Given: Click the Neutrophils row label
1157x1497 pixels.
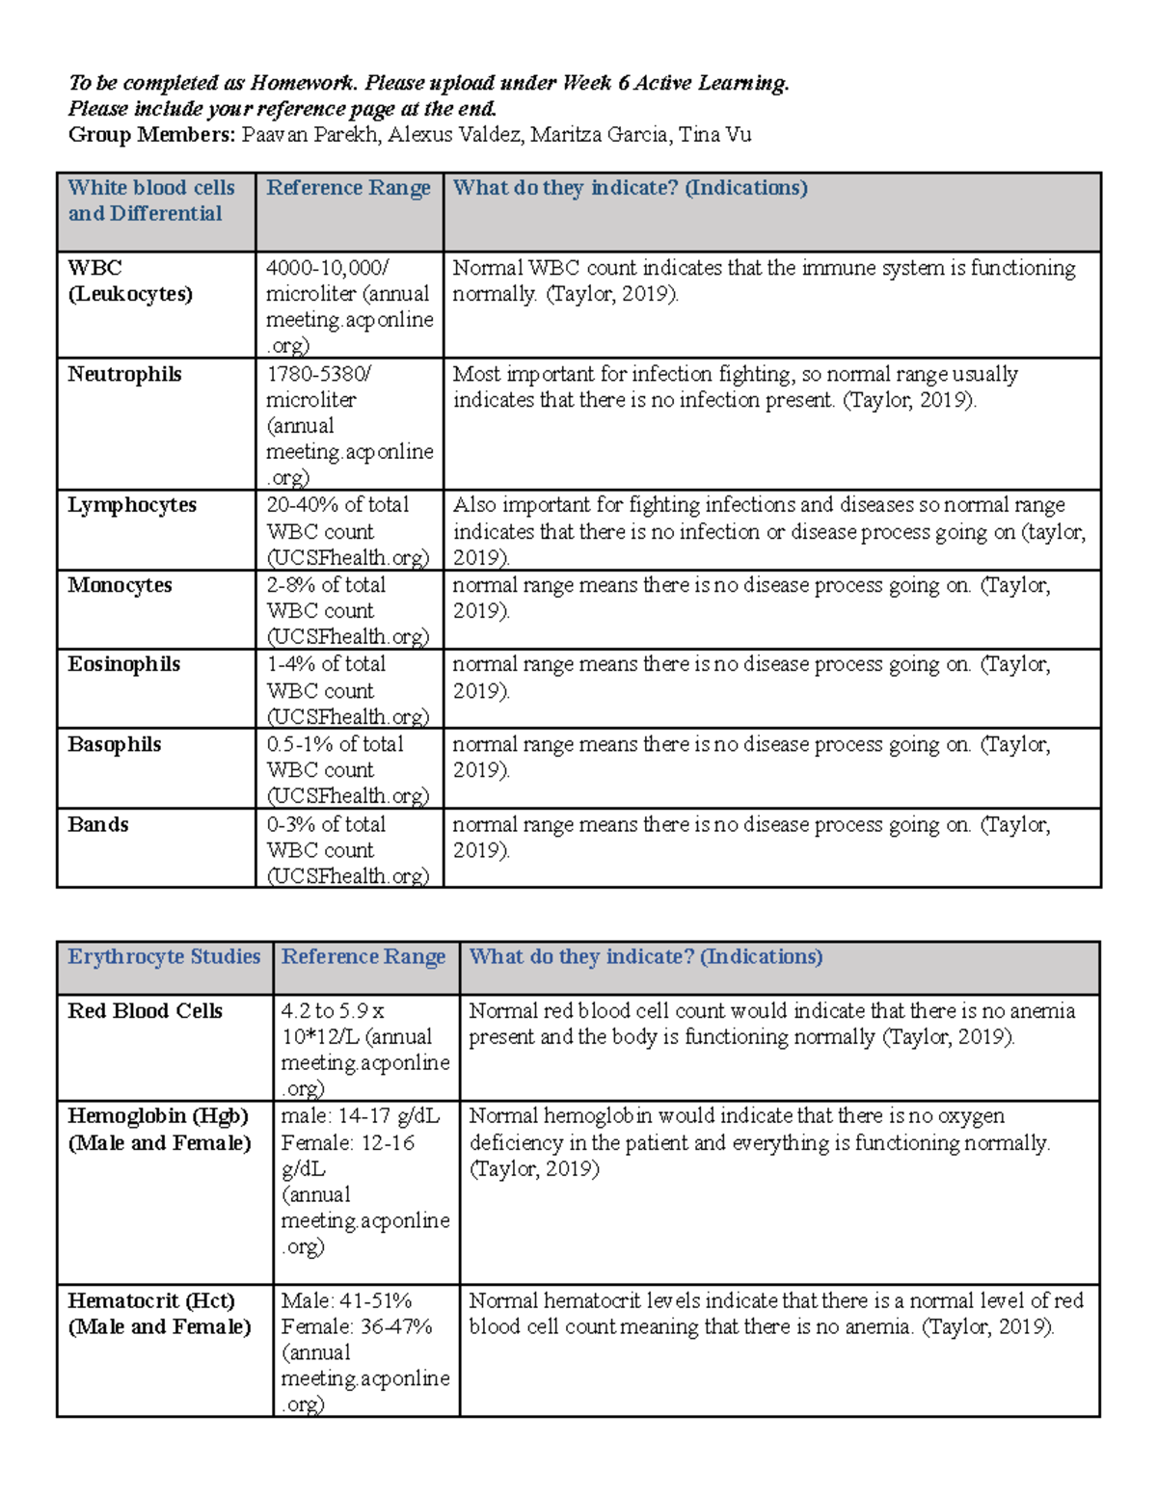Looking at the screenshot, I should click(x=124, y=374).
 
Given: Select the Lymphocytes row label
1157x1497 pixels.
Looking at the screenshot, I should click(x=132, y=505).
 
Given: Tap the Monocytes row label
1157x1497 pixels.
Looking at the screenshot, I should click(x=120, y=585).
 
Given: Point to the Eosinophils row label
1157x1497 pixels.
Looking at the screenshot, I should click(x=124, y=664).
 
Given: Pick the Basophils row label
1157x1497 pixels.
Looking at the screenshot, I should click(x=115, y=744).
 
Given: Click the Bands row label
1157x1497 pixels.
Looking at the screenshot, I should click(x=98, y=824).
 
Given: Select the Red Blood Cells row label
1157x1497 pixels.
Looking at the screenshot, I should click(x=145, y=1010).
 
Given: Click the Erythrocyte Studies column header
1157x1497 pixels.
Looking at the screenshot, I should click(x=164, y=956).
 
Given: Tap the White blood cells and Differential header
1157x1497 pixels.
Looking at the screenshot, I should click(x=151, y=200).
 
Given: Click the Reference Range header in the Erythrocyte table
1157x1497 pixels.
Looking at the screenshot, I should click(x=363, y=956).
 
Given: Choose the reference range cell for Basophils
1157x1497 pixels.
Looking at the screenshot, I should click(x=348, y=769).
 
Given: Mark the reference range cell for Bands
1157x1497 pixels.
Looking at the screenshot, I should click(x=348, y=849).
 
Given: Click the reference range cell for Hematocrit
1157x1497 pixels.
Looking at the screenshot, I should click(x=364, y=1351).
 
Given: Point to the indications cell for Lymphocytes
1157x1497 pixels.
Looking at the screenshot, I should click(x=769, y=531).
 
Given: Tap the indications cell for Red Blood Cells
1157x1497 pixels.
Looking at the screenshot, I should click(x=771, y=1024).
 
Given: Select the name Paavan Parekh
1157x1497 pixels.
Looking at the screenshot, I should click(x=311, y=135).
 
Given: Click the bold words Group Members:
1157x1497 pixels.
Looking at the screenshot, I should click(x=151, y=135).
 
